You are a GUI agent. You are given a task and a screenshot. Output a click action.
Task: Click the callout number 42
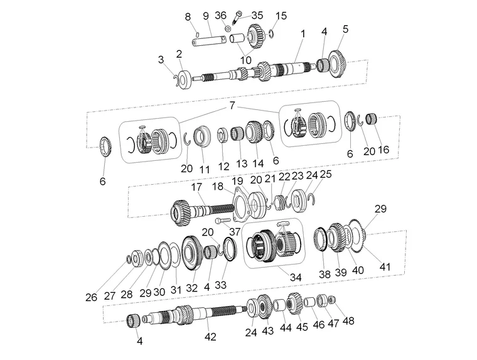210,337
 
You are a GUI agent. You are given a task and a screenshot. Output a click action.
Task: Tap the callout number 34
296,277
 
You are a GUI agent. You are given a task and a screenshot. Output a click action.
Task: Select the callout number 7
232,106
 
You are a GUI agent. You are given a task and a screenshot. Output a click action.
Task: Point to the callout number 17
196,187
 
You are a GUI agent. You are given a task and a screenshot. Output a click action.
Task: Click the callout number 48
348,320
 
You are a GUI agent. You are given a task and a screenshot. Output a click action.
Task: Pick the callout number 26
91,297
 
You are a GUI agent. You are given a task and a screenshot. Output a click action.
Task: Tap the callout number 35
257,15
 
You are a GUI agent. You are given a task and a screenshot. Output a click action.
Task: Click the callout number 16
383,150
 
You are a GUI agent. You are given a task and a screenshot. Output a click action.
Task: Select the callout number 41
385,267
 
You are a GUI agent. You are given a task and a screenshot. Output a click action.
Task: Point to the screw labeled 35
238,18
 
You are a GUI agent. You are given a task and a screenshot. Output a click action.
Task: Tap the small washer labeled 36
227,28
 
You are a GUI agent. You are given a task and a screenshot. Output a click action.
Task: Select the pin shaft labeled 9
209,40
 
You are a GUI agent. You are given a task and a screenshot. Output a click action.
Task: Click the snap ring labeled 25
311,199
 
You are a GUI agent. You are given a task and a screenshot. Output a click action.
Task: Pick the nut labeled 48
332,300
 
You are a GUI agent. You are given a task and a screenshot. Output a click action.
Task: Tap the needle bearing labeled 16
372,119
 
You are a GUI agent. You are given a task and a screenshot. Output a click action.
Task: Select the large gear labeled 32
192,253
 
